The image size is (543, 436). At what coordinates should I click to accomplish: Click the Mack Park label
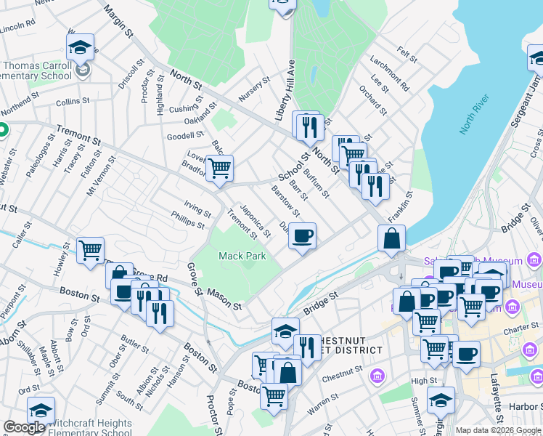[x=242, y=256]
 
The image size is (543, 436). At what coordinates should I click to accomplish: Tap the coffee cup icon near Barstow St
[x=303, y=235]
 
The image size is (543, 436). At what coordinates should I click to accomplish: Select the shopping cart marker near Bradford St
[x=219, y=169]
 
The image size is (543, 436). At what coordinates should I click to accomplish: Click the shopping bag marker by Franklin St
[x=391, y=238]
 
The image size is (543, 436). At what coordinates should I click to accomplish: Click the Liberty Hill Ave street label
[x=285, y=91]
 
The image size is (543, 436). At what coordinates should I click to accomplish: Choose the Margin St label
[x=118, y=21]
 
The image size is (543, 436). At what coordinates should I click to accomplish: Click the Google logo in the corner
[x=24, y=427]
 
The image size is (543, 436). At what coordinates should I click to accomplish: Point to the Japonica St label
[x=255, y=219]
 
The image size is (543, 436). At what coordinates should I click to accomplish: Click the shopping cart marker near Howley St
[x=90, y=251]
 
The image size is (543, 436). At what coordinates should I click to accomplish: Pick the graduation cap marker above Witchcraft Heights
[x=41, y=410]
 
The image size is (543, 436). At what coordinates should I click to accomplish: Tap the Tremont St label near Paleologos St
[x=78, y=138]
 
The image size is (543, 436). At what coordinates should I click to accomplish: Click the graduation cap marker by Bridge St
[x=285, y=331]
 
